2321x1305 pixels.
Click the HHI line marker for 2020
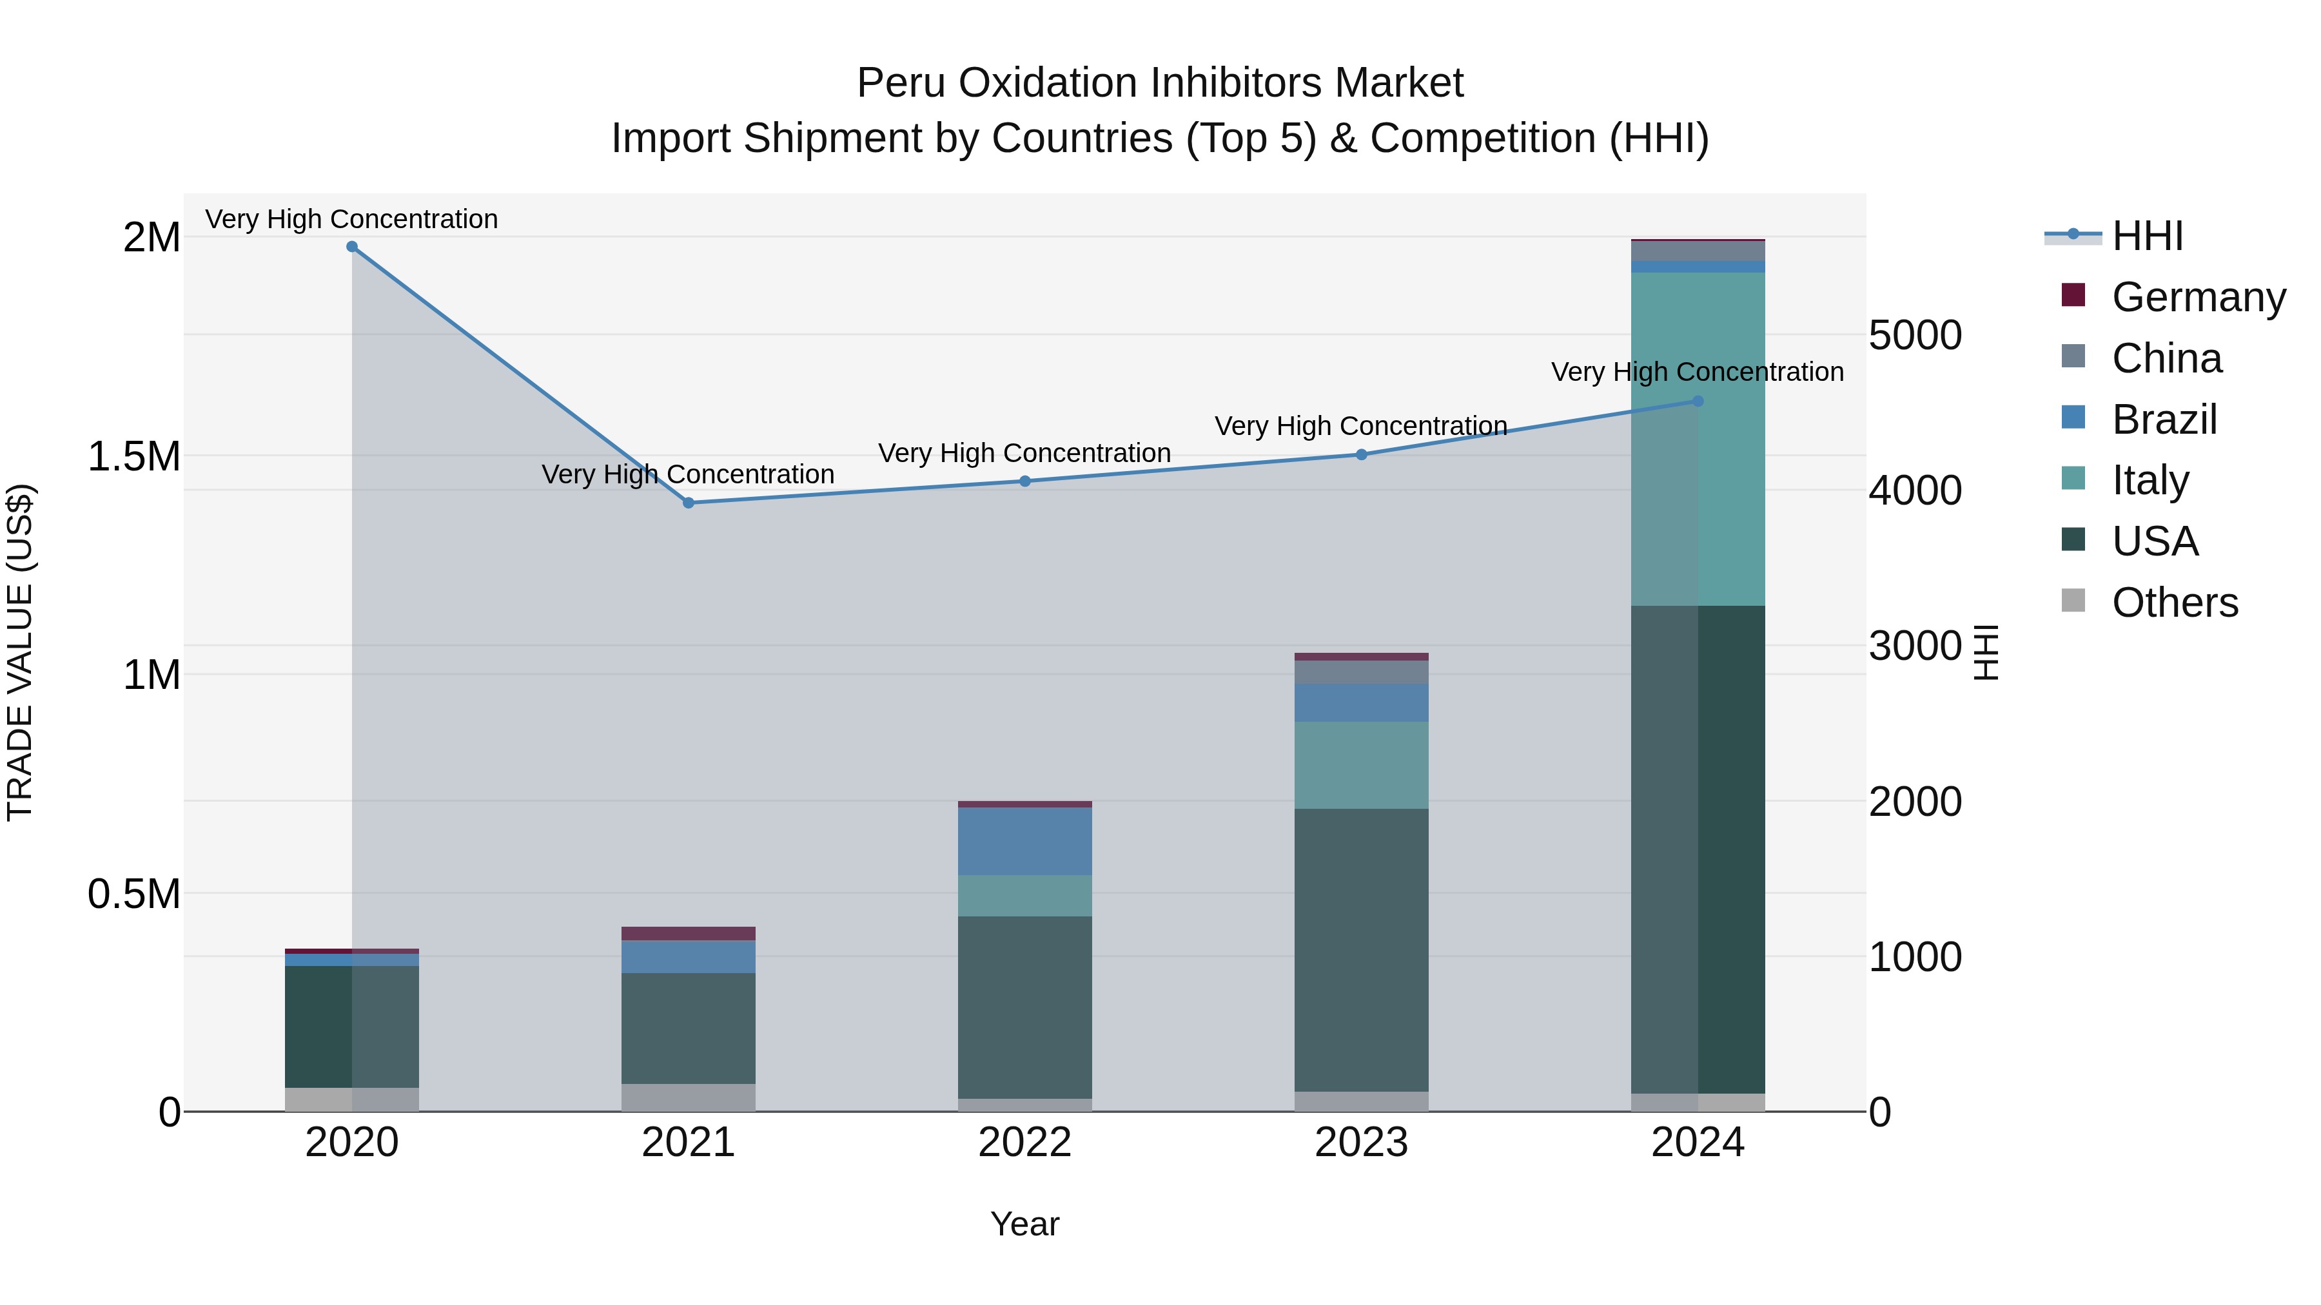(352, 247)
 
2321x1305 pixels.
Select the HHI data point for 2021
(689, 503)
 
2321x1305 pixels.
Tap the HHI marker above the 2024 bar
(1698, 401)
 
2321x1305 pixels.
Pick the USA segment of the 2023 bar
(1362, 950)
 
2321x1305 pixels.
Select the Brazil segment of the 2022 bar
(1024, 841)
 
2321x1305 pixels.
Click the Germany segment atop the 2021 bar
(689, 934)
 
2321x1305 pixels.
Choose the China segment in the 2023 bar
(1362, 672)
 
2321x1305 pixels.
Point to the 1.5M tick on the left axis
(133, 457)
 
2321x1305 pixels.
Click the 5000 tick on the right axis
(1915, 335)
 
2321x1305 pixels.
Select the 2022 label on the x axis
(1024, 1143)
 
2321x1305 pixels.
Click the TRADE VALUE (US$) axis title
(20, 652)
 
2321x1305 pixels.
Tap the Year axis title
(1024, 1224)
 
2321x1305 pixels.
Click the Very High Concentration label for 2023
(1360, 426)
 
